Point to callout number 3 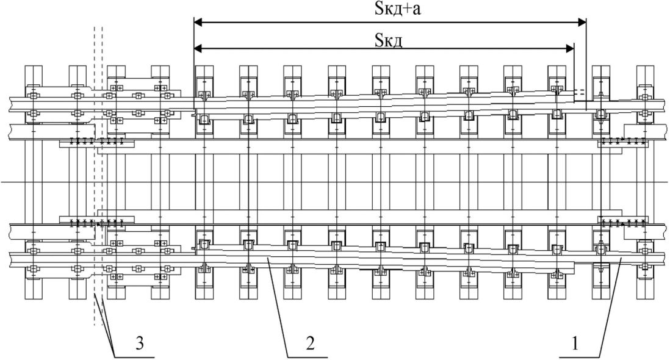pos(139,344)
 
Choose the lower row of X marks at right pos(623,221)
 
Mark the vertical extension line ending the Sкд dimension pos(574,70)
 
